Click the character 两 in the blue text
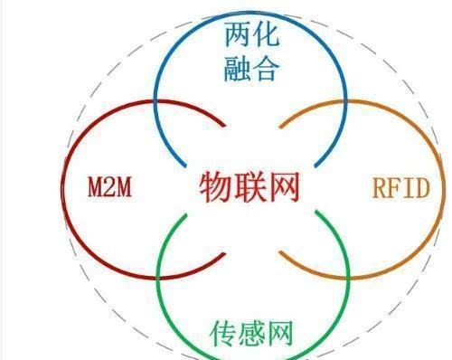(x=236, y=36)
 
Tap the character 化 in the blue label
(x=266, y=36)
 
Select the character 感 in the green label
(x=252, y=331)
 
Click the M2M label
(x=108, y=189)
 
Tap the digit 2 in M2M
(x=108, y=189)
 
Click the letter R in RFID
(x=379, y=189)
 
